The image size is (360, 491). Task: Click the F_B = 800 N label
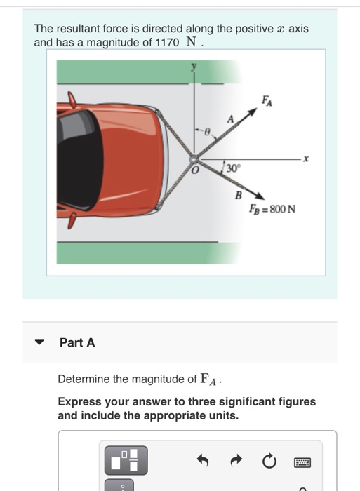272,208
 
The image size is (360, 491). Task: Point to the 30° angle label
232,168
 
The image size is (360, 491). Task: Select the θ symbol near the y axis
207,131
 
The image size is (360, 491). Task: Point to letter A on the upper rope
229,120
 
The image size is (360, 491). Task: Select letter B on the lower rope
238,194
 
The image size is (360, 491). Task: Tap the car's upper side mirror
71,100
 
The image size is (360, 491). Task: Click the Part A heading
77,342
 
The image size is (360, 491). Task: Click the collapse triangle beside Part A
40,343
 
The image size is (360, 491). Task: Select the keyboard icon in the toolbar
302,462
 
